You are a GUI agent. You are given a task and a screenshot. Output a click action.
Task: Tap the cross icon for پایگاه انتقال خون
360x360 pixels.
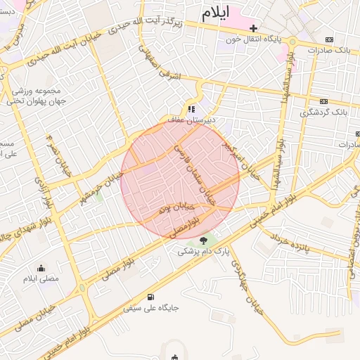point(254,27)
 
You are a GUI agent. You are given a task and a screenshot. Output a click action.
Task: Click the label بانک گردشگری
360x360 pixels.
point(324,112)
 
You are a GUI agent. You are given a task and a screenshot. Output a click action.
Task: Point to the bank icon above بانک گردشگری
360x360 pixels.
point(324,101)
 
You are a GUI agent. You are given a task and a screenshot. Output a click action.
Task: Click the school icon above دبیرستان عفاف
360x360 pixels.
point(191,110)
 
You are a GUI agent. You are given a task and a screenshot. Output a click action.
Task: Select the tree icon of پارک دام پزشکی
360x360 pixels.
point(204,240)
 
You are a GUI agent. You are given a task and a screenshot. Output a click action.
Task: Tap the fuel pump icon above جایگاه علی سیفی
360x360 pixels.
point(151,297)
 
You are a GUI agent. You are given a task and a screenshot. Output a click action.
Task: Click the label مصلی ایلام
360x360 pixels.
point(41,279)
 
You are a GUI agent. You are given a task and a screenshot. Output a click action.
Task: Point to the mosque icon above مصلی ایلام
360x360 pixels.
point(41,268)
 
